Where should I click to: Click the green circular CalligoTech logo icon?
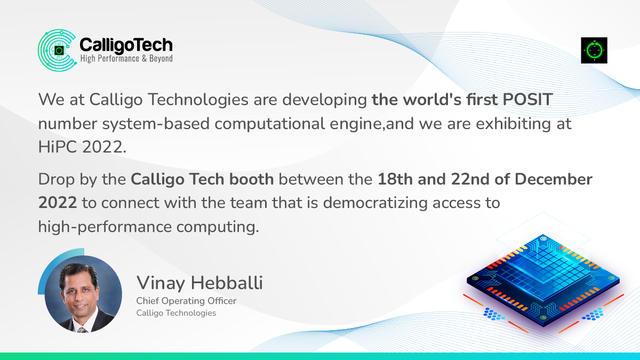pos(57,51)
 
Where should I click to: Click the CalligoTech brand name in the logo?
pos(126,44)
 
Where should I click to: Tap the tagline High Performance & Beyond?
pos(126,58)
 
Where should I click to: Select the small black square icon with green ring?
pos(594,51)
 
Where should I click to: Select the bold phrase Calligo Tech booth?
pos(203,179)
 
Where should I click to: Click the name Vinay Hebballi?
pos(199,283)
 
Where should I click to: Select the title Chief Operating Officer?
pos(186,301)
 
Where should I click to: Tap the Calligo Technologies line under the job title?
pos(177,313)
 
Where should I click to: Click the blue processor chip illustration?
pos(543,280)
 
